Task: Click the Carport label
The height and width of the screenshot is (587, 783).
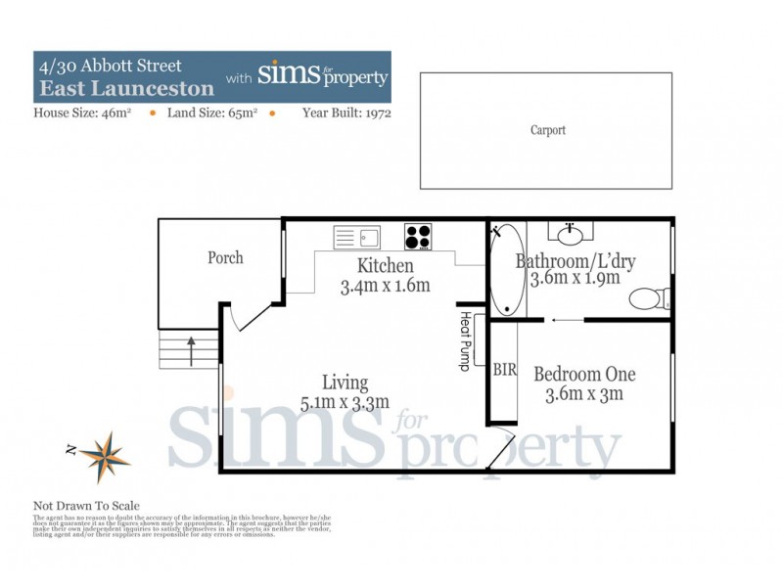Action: click(x=547, y=130)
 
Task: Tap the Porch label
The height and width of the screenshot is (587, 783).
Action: click(x=225, y=258)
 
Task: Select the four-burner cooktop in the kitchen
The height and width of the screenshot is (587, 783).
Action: click(x=419, y=237)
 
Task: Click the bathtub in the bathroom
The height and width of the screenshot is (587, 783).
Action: click(x=506, y=270)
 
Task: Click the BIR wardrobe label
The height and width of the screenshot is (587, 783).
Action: click(x=504, y=370)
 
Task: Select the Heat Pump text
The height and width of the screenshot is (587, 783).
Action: click(x=465, y=341)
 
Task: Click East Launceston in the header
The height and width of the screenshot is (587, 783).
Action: click(x=126, y=88)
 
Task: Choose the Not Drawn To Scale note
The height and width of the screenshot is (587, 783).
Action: click(x=86, y=506)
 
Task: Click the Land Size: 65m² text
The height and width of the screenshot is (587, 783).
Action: click(x=212, y=113)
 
